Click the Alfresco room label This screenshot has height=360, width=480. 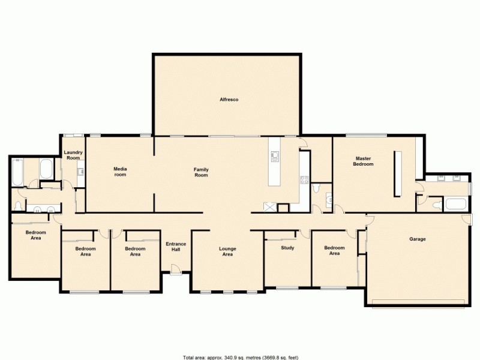tap(229, 100)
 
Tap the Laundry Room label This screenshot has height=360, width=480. tap(73, 155)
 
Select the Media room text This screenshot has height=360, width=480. tap(121, 172)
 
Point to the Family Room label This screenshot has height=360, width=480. tap(201, 172)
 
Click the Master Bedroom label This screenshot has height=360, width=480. tap(364, 161)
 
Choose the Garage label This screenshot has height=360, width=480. tap(418, 239)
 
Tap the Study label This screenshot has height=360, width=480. tap(287, 247)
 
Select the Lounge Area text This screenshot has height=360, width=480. tap(227, 251)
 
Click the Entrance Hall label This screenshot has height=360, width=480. tap(176, 247)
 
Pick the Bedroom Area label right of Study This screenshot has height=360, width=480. tap(334, 251)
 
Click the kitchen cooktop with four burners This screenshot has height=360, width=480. tap(304, 179)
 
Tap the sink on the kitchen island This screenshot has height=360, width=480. tap(275, 157)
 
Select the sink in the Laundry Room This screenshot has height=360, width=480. tap(80, 172)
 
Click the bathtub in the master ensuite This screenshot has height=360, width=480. tap(455, 204)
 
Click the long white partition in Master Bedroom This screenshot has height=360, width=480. tap(397, 173)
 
